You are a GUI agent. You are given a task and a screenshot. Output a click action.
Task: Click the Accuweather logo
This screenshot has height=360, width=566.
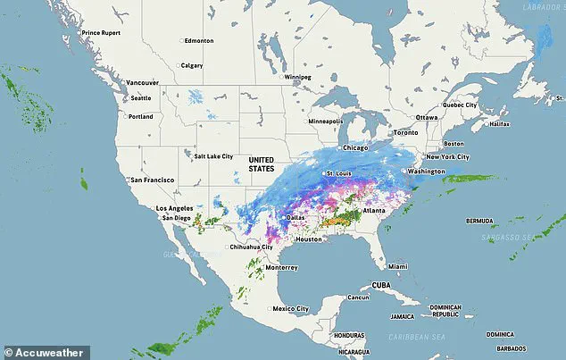pyautogui.click(x=45, y=352)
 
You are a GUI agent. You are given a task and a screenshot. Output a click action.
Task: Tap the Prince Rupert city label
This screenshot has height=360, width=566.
pyautogui.click(x=103, y=33)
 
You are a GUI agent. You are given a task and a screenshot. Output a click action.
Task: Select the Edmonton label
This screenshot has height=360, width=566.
pyautogui.click(x=200, y=41)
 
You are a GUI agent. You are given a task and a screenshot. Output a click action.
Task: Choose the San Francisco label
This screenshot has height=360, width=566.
pyautogui.click(x=152, y=180)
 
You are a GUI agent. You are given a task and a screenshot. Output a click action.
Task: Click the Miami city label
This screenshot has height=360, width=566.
pyautogui.click(x=397, y=266)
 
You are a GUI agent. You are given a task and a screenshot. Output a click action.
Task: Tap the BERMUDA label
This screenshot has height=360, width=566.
pyautogui.click(x=479, y=220)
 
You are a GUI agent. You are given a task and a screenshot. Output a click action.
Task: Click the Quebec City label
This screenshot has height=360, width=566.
pyautogui.click(x=462, y=105)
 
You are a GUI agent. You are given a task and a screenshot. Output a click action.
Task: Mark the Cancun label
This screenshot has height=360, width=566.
pyautogui.click(x=358, y=297)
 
